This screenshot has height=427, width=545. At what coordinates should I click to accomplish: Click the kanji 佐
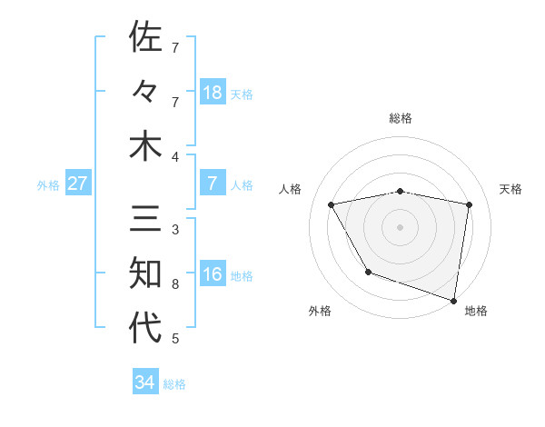point(145,38)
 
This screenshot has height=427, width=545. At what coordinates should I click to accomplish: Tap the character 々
point(145,93)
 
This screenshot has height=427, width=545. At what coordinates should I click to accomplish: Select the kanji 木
point(145,147)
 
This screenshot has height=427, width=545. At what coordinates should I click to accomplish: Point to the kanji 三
point(145,220)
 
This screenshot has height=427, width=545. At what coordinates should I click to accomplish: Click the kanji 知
point(145,274)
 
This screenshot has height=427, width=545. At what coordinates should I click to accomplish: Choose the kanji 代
point(145,329)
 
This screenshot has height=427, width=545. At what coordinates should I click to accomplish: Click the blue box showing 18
point(212,93)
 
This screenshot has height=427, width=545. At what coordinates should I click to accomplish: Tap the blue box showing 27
point(77,184)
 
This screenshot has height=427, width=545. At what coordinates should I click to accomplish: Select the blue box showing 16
point(212,274)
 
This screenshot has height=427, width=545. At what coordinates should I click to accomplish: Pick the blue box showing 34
point(144,382)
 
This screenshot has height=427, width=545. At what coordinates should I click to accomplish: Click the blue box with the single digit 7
point(212,184)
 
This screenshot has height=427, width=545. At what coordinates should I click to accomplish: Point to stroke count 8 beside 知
point(175,284)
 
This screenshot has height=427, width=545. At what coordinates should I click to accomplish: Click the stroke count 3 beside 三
point(175,230)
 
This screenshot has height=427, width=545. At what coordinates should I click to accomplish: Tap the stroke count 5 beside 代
point(175,339)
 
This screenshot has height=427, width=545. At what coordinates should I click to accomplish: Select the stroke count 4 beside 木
point(175,157)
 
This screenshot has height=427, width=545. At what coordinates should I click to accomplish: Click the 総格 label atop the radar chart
point(401,118)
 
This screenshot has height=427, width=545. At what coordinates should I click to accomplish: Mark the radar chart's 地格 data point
point(452,299)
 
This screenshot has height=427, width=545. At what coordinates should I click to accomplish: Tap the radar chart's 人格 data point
point(332,205)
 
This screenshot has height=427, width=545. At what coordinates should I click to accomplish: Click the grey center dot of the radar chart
point(400,227)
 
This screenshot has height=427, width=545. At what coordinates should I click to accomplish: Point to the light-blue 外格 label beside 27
point(48,185)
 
